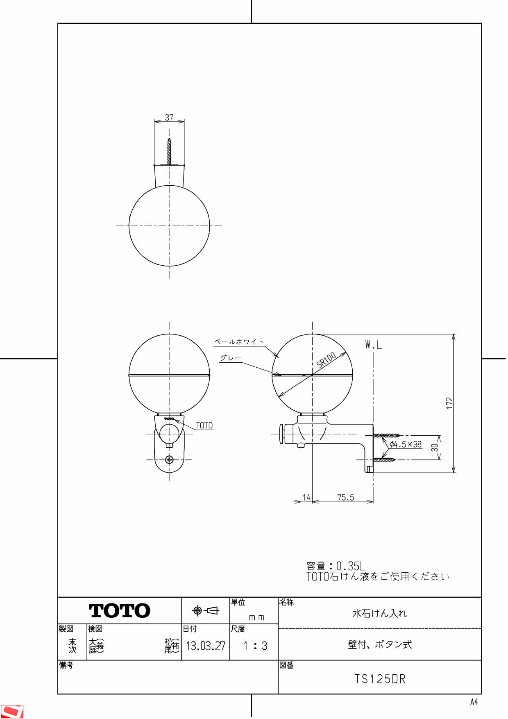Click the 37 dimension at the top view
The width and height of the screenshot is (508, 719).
click(169, 117)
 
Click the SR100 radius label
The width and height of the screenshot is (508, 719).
click(326, 359)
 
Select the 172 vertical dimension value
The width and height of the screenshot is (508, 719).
click(449, 403)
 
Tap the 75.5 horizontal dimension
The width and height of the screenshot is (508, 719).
click(345, 497)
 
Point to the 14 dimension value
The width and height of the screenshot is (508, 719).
click(306, 497)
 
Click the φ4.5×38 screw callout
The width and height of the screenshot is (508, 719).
click(405, 444)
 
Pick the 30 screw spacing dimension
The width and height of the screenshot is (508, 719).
click(435, 448)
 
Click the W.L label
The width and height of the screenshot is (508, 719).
click(373, 345)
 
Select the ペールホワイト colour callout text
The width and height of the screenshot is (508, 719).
click(239, 341)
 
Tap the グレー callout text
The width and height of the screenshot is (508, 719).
click(230, 358)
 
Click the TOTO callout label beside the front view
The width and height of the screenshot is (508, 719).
click(204, 425)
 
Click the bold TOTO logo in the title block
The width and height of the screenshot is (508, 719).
click(119, 611)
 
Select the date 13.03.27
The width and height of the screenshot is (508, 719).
click(205, 646)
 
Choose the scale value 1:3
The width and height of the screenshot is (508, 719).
click(255, 646)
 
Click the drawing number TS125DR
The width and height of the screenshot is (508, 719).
click(379, 679)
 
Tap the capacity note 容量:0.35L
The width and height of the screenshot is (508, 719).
click(335, 566)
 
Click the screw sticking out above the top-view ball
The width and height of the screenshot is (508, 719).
click(169, 152)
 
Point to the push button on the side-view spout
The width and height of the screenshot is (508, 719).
click(282, 434)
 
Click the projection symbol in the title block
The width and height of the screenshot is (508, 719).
click(205, 611)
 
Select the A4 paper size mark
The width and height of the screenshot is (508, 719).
click(474, 702)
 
